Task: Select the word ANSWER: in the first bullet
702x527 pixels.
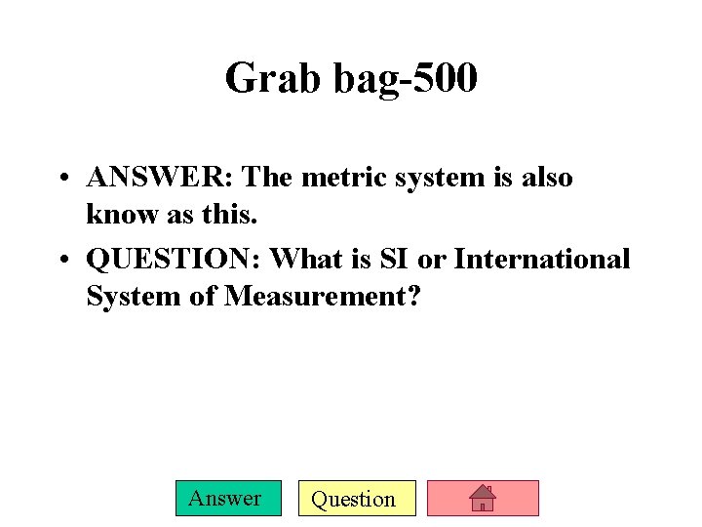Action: coord(161,178)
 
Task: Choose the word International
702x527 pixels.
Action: coord(543,260)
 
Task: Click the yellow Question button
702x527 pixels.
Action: coord(357,499)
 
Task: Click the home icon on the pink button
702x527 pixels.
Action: coord(483,499)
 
